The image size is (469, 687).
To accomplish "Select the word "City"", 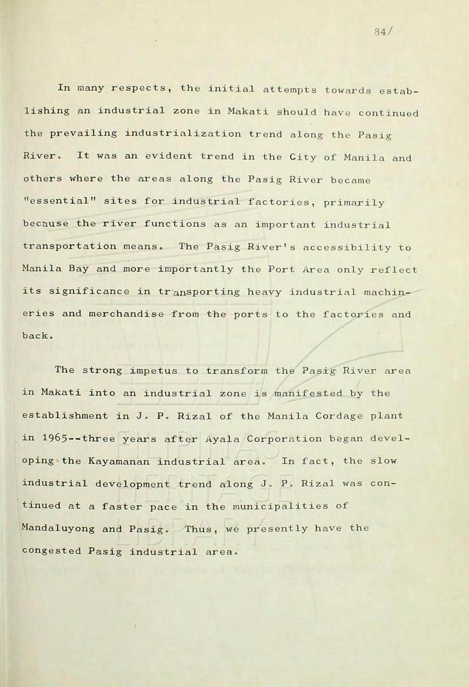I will (303, 156).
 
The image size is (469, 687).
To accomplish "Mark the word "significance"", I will (92, 292).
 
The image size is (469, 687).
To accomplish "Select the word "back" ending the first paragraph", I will (36, 337).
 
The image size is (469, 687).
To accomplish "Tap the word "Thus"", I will (199, 528).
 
